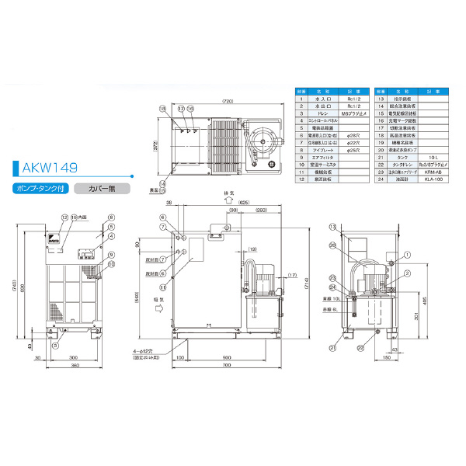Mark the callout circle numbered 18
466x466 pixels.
pos(163,110)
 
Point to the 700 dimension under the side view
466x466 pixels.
pos(225,364)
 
